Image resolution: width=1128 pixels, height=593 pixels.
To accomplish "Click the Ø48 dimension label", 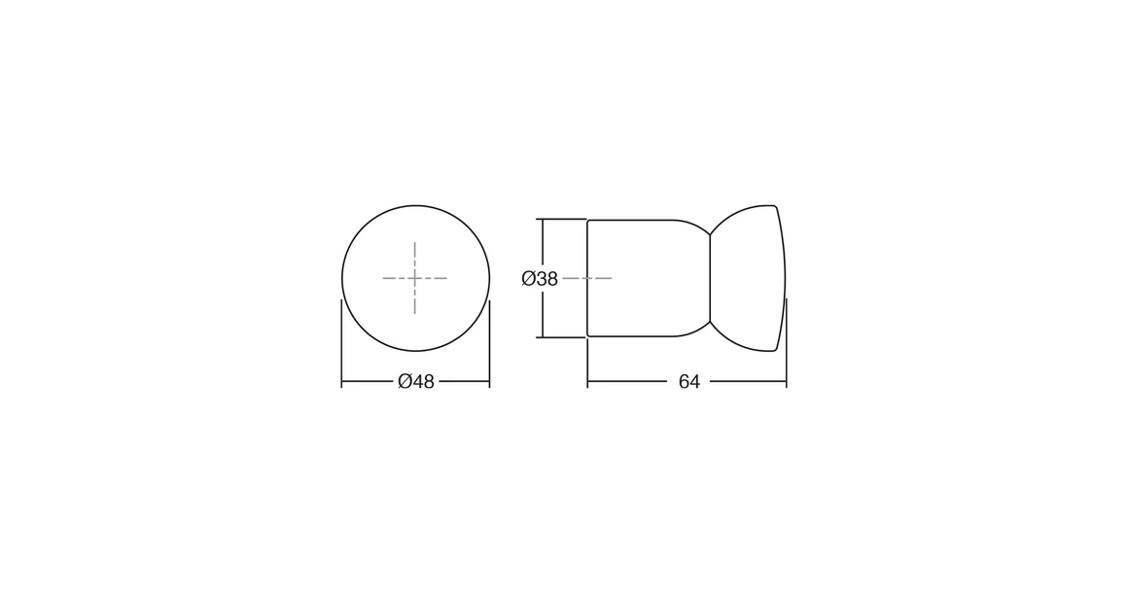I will point(416,382).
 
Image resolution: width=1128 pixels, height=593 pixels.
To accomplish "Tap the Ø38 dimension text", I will point(540,279).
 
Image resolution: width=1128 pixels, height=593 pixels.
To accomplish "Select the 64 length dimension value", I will point(688,382).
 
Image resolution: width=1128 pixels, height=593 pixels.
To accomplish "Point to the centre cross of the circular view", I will point(415,278).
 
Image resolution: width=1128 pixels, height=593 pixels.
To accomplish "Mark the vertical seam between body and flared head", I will point(710,278).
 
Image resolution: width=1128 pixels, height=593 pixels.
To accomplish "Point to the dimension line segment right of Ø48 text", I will point(463,382).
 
